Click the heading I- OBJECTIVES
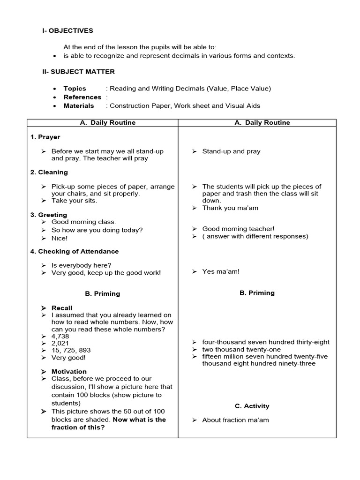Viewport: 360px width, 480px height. [x=68, y=31]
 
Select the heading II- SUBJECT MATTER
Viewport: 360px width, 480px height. [x=79, y=72]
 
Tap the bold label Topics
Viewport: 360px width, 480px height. [x=75, y=89]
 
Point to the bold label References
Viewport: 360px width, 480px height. [x=82, y=97]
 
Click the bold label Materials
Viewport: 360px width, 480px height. [x=79, y=106]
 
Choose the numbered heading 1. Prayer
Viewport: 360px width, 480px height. [x=45, y=137]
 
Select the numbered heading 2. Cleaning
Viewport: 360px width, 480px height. [x=49, y=172]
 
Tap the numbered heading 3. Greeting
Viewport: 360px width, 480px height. [x=49, y=215]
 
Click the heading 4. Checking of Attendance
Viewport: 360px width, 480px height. [x=75, y=252]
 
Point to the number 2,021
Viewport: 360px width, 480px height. [x=60, y=343]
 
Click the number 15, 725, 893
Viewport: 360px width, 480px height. [x=71, y=350]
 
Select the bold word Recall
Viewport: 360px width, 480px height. [x=62, y=308]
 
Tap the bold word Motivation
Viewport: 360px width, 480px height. [x=69, y=372]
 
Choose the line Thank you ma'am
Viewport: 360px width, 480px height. [x=230, y=208]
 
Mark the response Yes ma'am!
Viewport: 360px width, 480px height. [x=221, y=271]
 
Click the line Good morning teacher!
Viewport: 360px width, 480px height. [x=238, y=229]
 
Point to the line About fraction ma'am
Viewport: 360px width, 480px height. [x=235, y=420]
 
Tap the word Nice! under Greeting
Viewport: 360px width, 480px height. [x=60, y=238]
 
